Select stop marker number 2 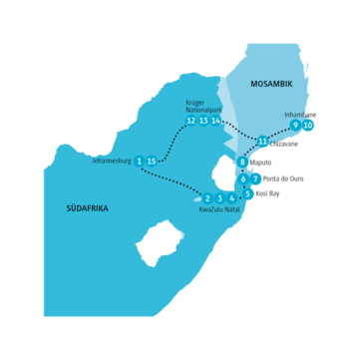coord(207,197)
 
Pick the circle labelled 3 coord(219,197)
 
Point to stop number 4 coord(232,197)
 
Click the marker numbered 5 coord(248,193)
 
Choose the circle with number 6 coord(244,179)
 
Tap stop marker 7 coord(256,179)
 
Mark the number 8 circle coord(242,162)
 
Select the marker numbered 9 coord(295,125)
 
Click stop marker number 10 coord(308,125)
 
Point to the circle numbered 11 coord(262,141)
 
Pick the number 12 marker coord(190,121)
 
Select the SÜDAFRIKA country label coord(87,208)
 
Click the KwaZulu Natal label coord(219,210)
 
